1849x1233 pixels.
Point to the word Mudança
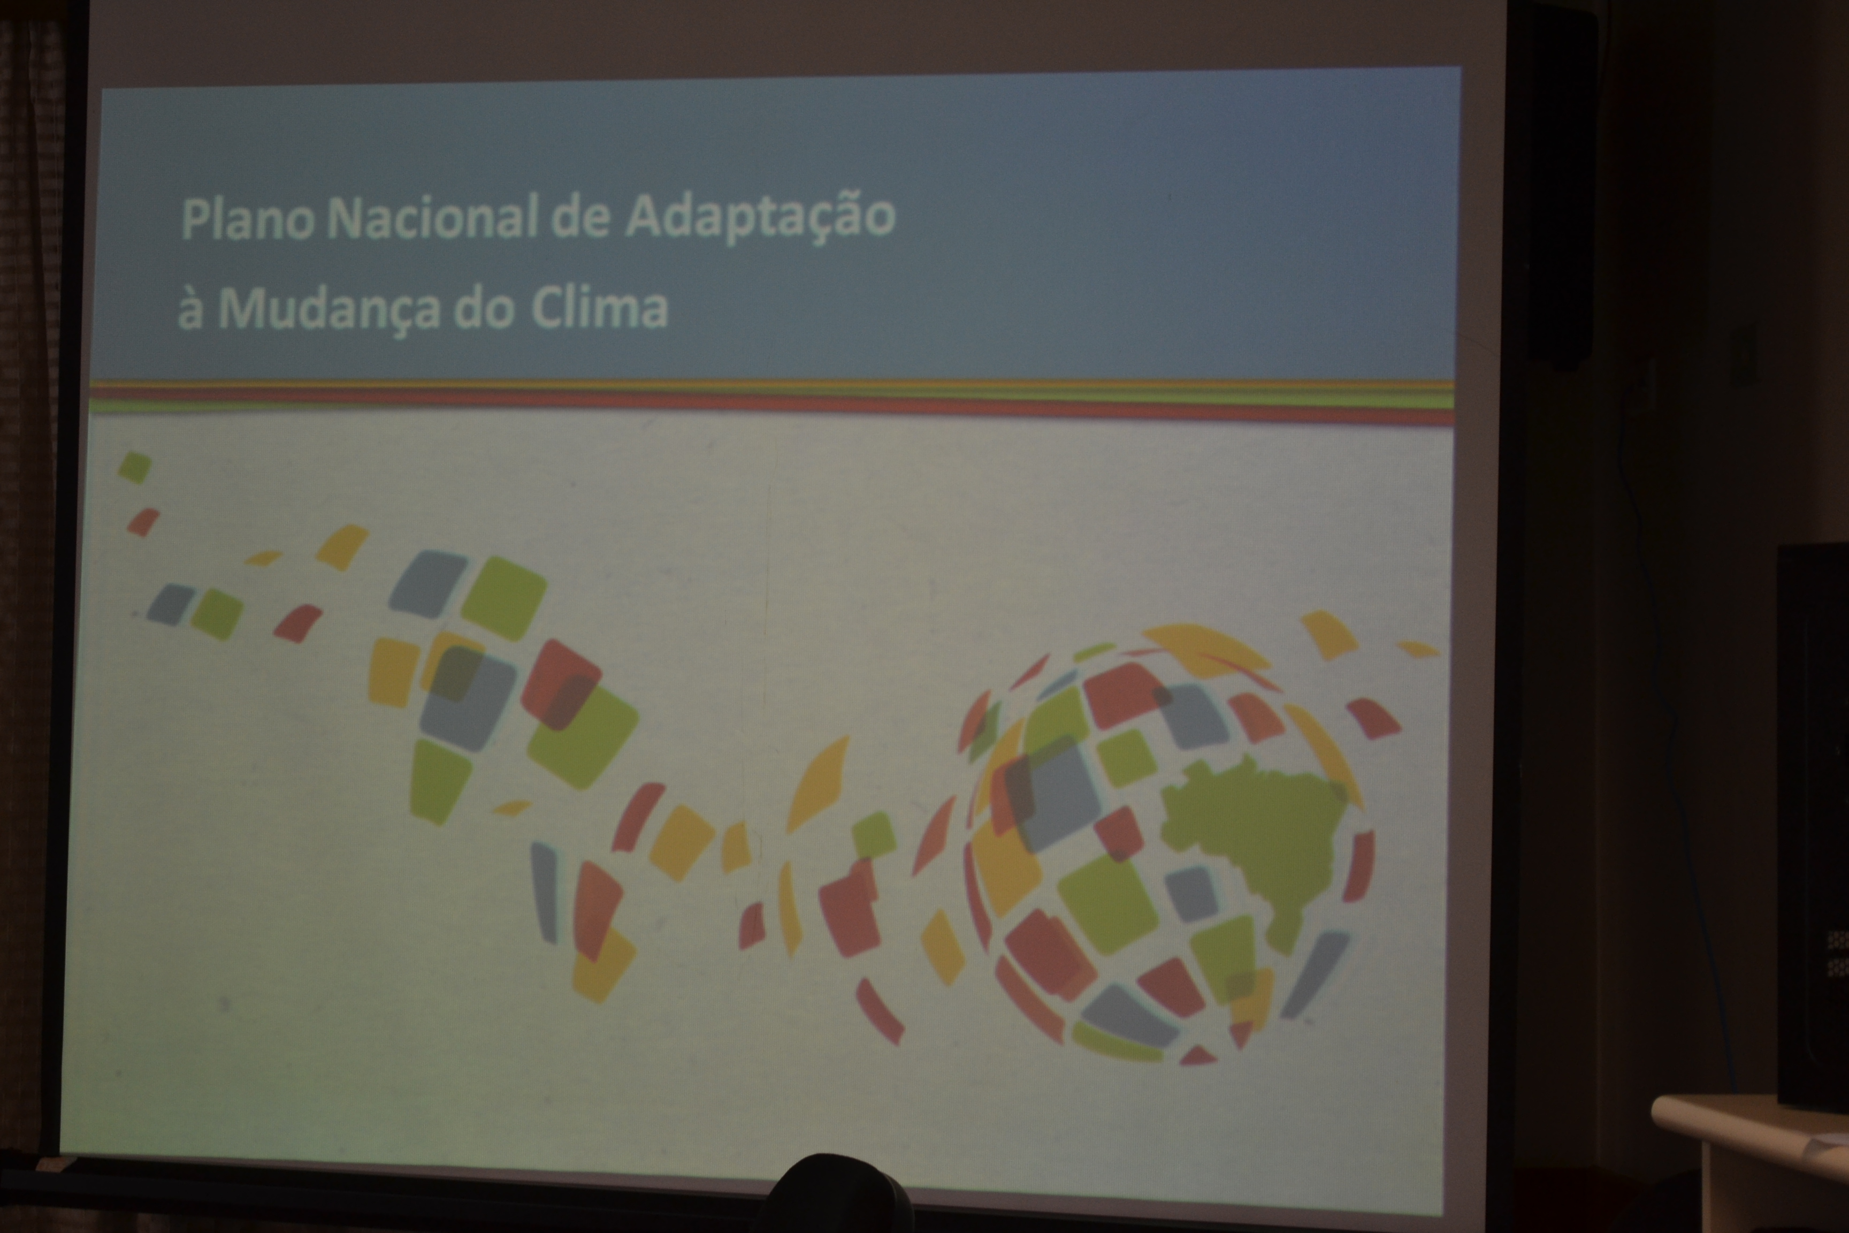click(328, 308)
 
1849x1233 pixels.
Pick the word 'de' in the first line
click(580, 218)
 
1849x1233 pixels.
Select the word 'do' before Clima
click(484, 308)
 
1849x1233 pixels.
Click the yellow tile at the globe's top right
click(1328, 635)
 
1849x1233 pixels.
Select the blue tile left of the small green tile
click(171, 604)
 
